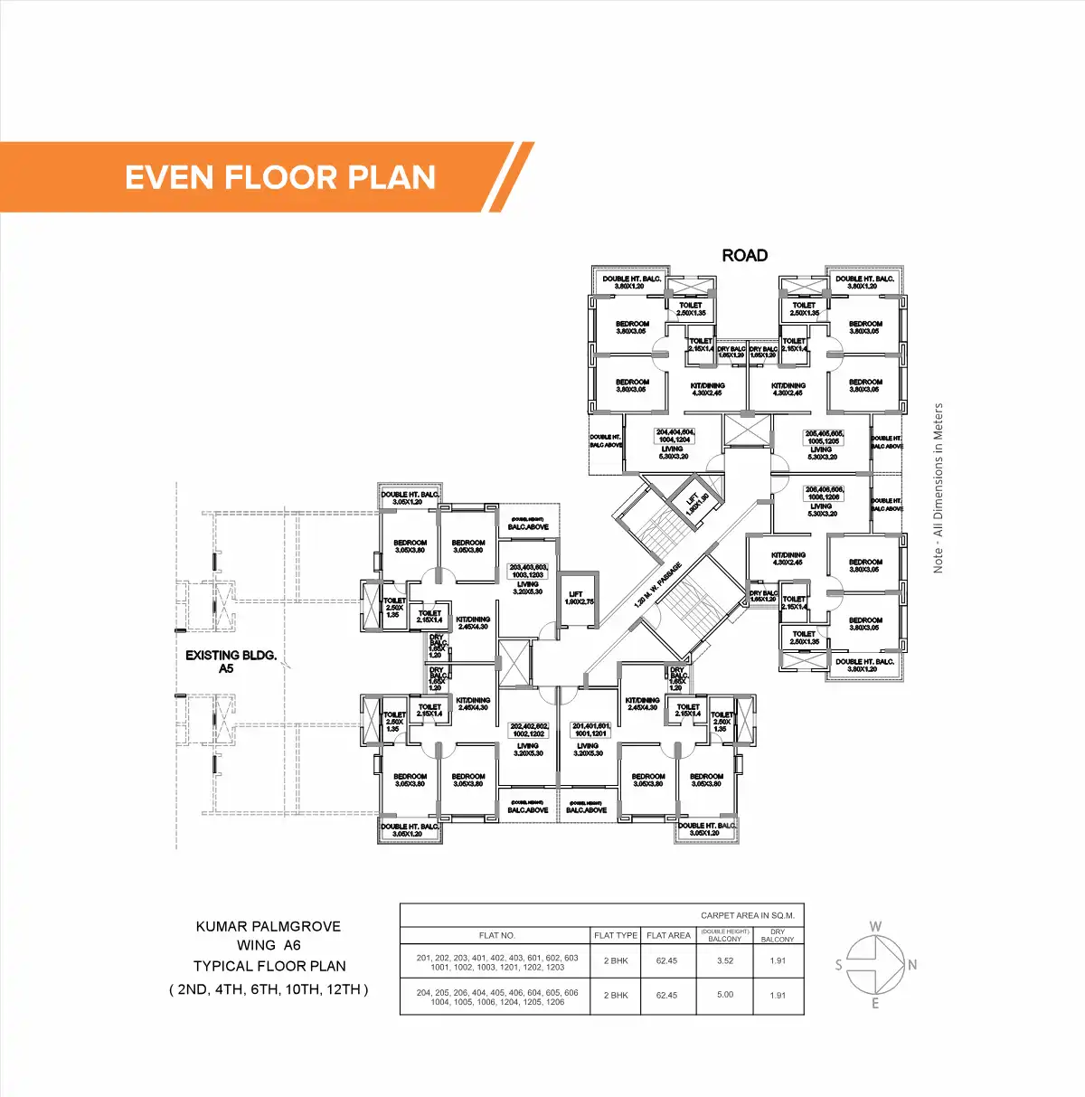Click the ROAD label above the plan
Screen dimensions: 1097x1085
coord(744,256)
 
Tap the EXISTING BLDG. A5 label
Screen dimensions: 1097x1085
coord(231,661)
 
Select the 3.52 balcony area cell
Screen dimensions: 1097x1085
coord(724,960)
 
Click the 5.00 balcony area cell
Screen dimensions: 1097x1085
coord(724,995)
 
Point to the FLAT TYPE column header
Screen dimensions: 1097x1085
coord(616,935)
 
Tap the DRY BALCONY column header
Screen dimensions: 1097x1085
coord(778,935)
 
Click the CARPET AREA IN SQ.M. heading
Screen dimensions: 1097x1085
coord(747,915)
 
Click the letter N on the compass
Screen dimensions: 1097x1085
coord(912,965)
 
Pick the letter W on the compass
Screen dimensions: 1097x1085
coord(875,927)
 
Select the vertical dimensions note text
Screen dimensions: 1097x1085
coord(939,487)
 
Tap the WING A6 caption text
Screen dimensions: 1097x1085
coord(269,945)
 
